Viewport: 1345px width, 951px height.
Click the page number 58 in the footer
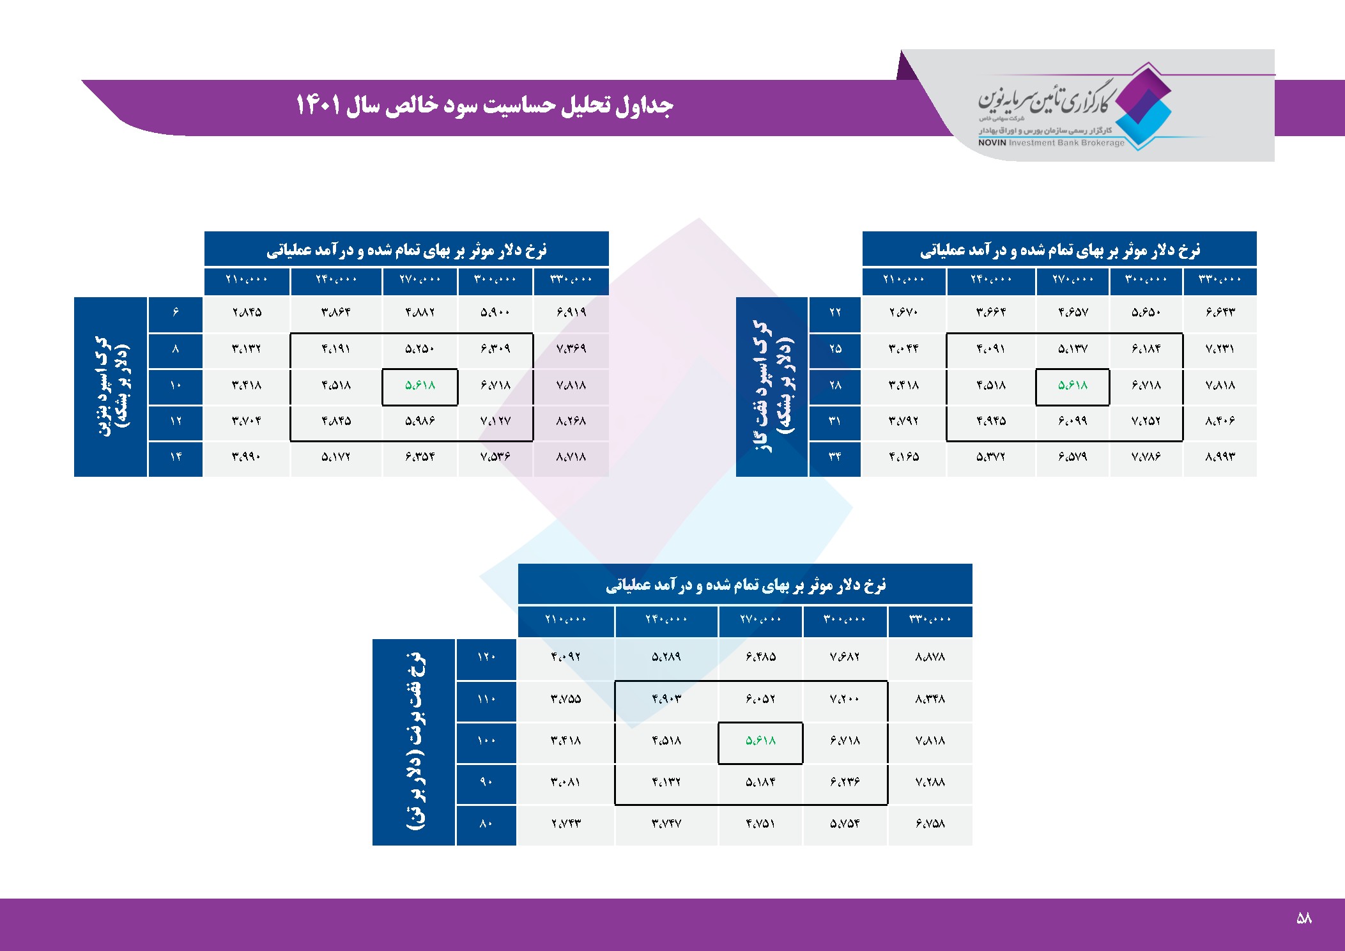[1303, 918]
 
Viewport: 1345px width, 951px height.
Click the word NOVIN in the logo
[992, 143]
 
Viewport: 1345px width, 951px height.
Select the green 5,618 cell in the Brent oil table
[760, 741]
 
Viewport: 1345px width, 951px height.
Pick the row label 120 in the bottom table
[486, 657]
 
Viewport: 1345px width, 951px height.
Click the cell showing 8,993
[1220, 457]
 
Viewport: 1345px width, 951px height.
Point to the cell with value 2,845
[247, 313]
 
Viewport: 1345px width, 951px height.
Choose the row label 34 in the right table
[835, 457]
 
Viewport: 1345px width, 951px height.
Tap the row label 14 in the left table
[176, 457]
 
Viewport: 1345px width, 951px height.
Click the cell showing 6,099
[1072, 421]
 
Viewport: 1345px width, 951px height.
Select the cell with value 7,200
[845, 699]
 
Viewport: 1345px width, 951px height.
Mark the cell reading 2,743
[565, 824]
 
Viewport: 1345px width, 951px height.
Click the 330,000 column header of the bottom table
[930, 619]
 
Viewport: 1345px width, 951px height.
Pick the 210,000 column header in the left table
[247, 279]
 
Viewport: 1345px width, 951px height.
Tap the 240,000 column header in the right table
[991, 279]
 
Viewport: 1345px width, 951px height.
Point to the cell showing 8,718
[571, 457]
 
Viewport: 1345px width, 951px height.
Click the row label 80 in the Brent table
[486, 824]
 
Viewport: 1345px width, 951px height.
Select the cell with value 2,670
[903, 313]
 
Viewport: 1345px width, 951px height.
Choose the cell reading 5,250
[420, 349]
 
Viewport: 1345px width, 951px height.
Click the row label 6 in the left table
[176, 313]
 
